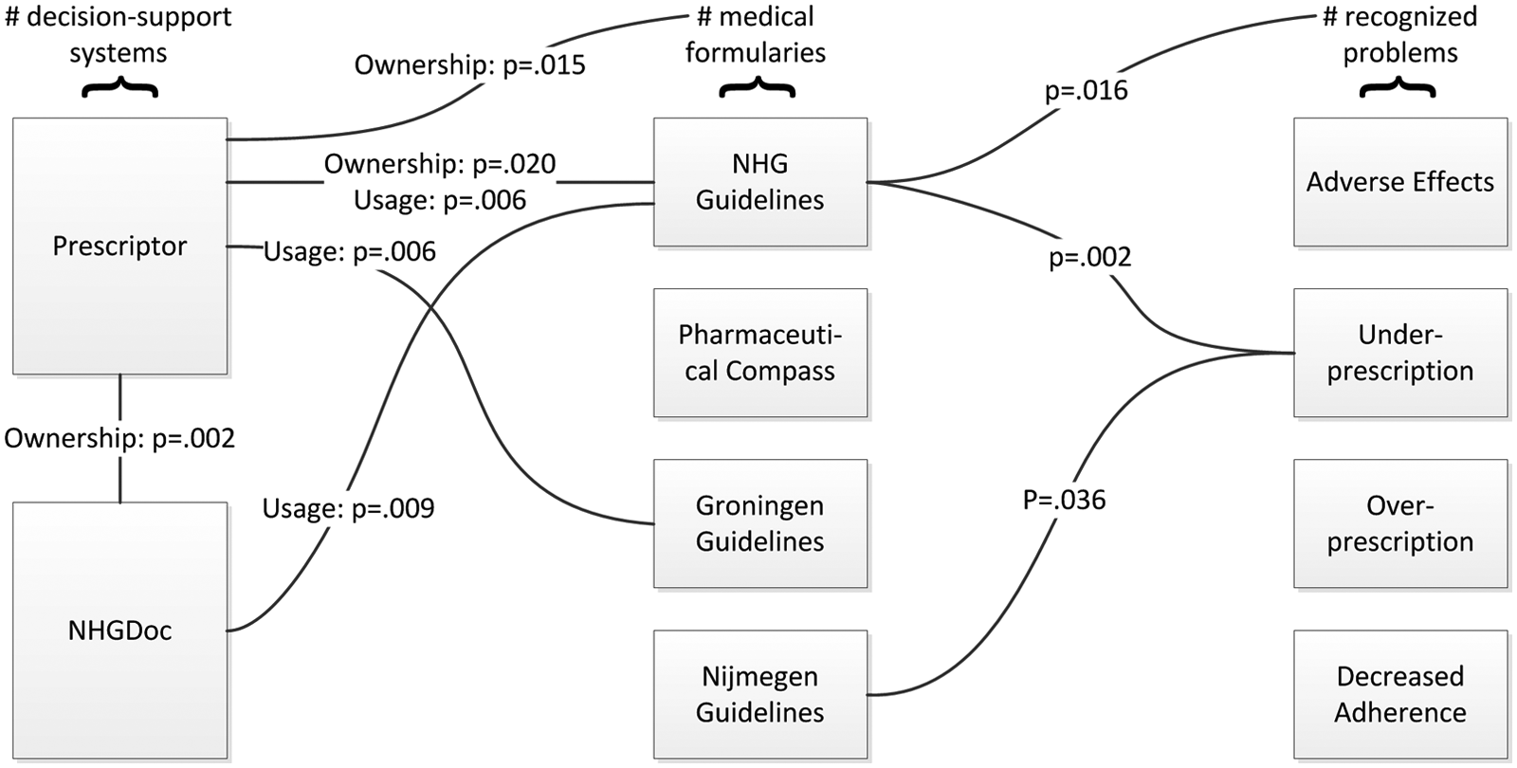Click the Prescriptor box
tap(119, 246)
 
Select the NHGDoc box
tap(119, 631)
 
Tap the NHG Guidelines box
tap(759, 182)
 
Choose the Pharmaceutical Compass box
tap(759, 353)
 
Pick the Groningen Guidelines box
tap(759, 523)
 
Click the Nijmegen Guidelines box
tap(759, 694)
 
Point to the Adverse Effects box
tap(1400, 182)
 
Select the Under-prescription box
tap(1400, 353)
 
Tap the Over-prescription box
tap(1400, 523)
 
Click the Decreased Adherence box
tap(1400, 694)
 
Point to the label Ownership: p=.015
tap(470, 65)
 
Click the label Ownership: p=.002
tap(119, 439)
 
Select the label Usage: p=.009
tap(348, 509)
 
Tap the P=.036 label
tap(1064, 500)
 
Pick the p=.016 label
tap(1087, 91)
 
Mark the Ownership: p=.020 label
tap(440, 164)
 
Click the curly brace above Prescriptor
tap(119, 87)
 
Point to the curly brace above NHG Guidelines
tap(758, 87)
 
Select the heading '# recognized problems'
tap(1399, 35)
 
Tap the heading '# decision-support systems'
tap(119, 35)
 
